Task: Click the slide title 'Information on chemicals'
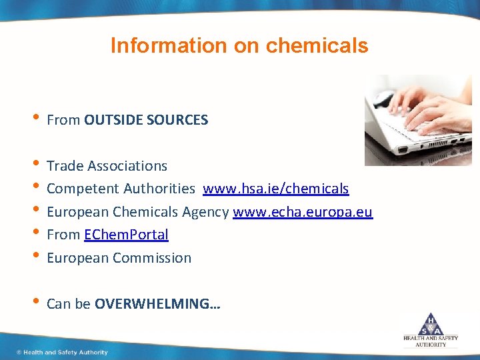coord(239,45)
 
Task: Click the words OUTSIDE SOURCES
coord(146,120)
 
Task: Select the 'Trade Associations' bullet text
coord(107,165)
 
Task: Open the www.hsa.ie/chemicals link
coord(275,189)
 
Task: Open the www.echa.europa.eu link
coord(302,212)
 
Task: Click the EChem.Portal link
coord(126,235)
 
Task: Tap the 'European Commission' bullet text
coord(119,258)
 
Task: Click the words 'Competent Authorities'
coord(121,189)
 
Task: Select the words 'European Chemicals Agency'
coord(138,212)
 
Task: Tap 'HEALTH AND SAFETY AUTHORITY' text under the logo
coord(431,341)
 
